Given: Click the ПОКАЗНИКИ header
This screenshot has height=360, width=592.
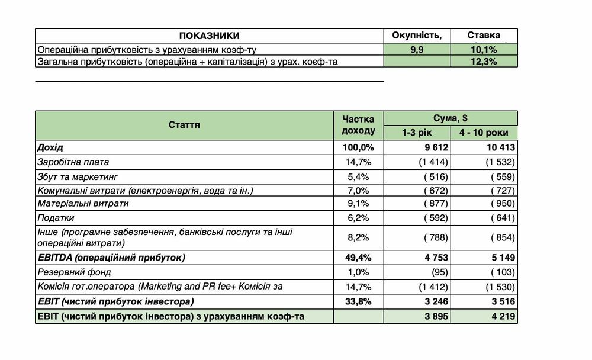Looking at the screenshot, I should pyautogui.click(x=209, y=36).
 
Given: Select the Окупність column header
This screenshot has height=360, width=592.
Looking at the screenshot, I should pyautogui.click(x=417, y=36).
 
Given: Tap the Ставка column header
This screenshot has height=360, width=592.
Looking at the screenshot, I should pyautogui.click(x=484, y=36).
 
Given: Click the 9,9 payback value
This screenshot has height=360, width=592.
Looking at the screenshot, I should pyautogui.click(x=417, y=49).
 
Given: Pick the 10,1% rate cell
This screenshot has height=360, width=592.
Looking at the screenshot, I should pyautogui.click(x=484, y=49).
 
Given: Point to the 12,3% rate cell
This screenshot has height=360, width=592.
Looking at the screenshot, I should pyautogui.click(x=484, y=62).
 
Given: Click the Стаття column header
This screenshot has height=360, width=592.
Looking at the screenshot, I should pyautogui.click(x=184, y=125).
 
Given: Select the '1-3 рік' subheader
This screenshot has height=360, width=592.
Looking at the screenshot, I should pyautogui.click(x=417, y=133).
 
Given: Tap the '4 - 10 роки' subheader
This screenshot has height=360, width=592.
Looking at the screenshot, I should pyautogui.click(x=483, y=133).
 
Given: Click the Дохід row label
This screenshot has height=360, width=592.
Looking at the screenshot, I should pyautogui.click(x=50, y=147).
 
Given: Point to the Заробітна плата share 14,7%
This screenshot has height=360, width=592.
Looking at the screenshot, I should pyautogui.click(x=358, y=162).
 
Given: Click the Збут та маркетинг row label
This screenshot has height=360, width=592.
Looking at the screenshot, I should pyautogui.click(x=78, y=176).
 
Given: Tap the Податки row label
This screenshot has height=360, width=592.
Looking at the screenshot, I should pyautogui.click(x=56, y=218).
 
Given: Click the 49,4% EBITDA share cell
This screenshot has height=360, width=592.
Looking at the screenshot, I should pyautogui.click(x=358, y=258).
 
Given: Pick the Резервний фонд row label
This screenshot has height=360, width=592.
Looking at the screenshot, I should pyautogui.click(x=74, y=272).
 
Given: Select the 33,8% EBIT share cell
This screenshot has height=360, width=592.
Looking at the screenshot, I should pyautogui.click(x=358, y=301).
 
